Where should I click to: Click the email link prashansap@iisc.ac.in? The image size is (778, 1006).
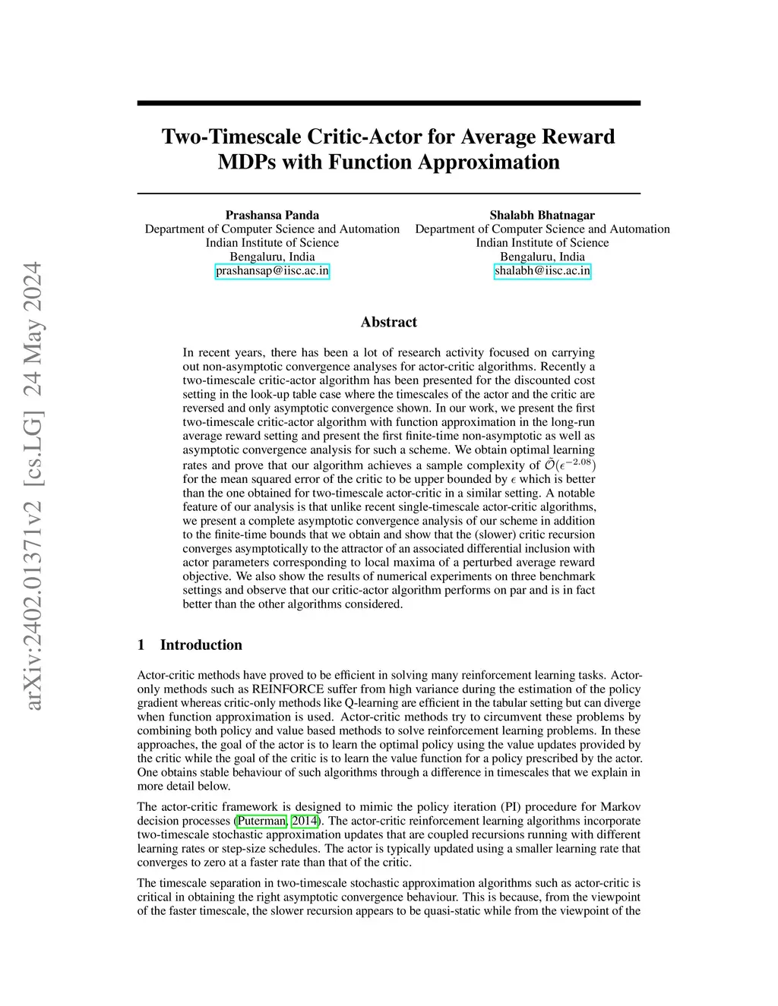point(272,271)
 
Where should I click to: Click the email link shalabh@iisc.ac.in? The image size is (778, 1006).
point(542,271)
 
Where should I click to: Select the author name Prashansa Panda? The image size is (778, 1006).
point(272,215)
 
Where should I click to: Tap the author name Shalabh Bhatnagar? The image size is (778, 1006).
point(542,215)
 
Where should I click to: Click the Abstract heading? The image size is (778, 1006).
point(388,322)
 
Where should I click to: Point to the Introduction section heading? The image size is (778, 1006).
point(201,645)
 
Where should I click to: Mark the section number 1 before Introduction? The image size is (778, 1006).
point(141,645)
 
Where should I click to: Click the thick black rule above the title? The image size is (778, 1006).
point(388,103)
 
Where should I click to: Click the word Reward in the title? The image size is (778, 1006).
point(580,137)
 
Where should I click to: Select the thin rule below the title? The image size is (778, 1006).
point(388,194)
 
